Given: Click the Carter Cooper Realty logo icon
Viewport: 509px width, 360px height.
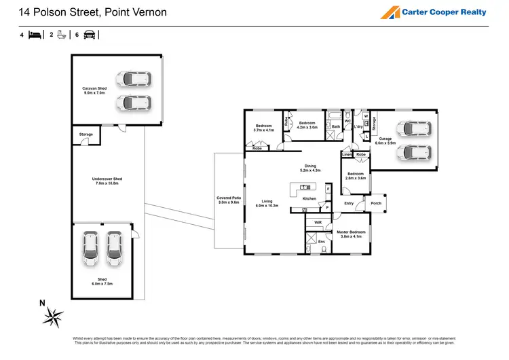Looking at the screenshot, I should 390,12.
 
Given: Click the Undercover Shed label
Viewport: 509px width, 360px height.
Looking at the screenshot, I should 107,181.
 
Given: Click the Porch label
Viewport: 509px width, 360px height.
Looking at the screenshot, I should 376,202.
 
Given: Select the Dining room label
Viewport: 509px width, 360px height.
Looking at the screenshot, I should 310,168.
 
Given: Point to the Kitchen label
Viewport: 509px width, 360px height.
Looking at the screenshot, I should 309,198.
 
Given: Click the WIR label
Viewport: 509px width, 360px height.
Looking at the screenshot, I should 318,222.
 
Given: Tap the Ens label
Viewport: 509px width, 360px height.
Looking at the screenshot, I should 321,241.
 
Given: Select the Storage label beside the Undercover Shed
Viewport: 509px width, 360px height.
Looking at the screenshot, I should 86,134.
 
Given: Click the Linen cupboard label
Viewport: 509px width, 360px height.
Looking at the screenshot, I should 347,154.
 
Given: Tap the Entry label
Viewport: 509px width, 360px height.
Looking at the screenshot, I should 349,203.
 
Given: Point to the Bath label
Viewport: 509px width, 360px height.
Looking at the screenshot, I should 336,126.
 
